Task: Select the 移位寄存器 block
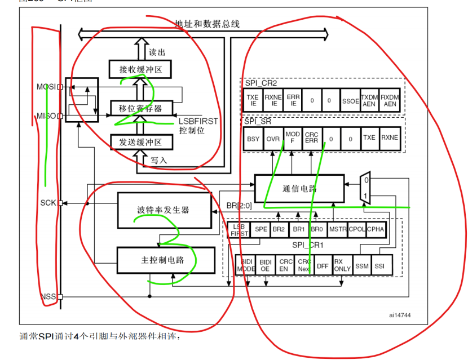[x=140, y=107]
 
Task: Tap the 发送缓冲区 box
[x=140, y=141]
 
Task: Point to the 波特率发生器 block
[x=164, y=210]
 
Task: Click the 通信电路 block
[x=299, y=189]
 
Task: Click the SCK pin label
[x=48, y=202]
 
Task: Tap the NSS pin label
[x=50, y=296]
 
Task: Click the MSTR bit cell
[x=338, y=229]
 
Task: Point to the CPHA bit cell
[x=376, y=229]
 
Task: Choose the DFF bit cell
[x=323, y=266]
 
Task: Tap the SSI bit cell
[x=379, y=266]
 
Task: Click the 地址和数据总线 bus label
[x=207, y=24]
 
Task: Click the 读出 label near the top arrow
[x=157, y=52]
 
